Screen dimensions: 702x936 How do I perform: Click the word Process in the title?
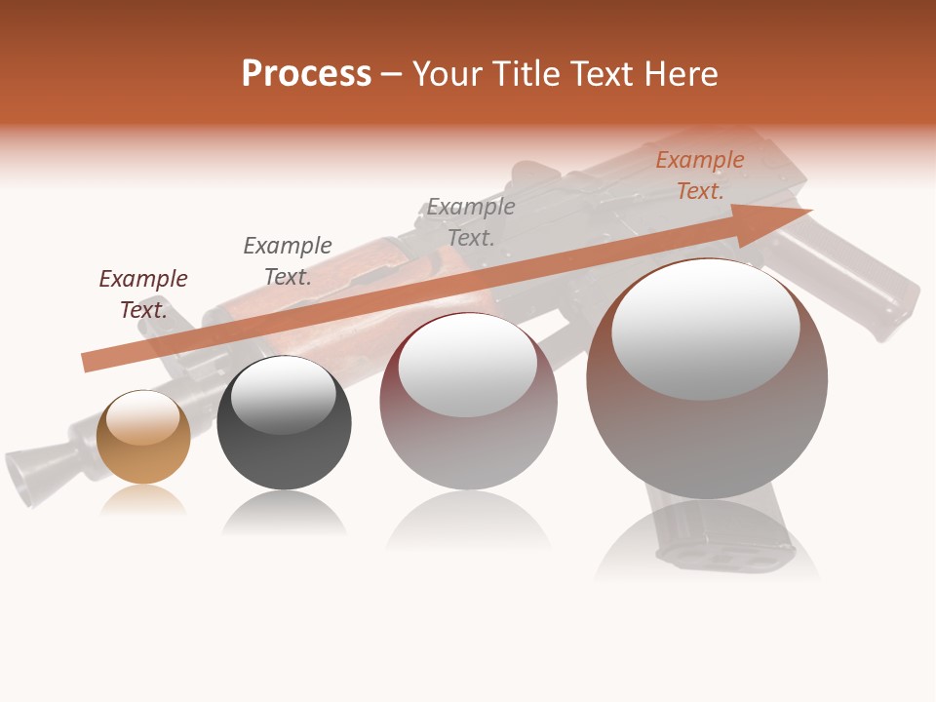(x=306, y=74)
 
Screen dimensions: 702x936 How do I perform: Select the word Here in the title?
(x=682, y=74)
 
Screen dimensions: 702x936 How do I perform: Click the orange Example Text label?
(x=700, y=175)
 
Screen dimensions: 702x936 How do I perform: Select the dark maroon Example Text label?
(x=143, y=293)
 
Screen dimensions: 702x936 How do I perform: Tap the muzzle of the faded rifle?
(x=29, y=474)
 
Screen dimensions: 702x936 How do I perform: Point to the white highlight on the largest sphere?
(x=705, y=330)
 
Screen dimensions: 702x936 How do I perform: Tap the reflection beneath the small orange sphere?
(x=143, y=501)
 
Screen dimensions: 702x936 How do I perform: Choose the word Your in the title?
(x=448, y=74)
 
